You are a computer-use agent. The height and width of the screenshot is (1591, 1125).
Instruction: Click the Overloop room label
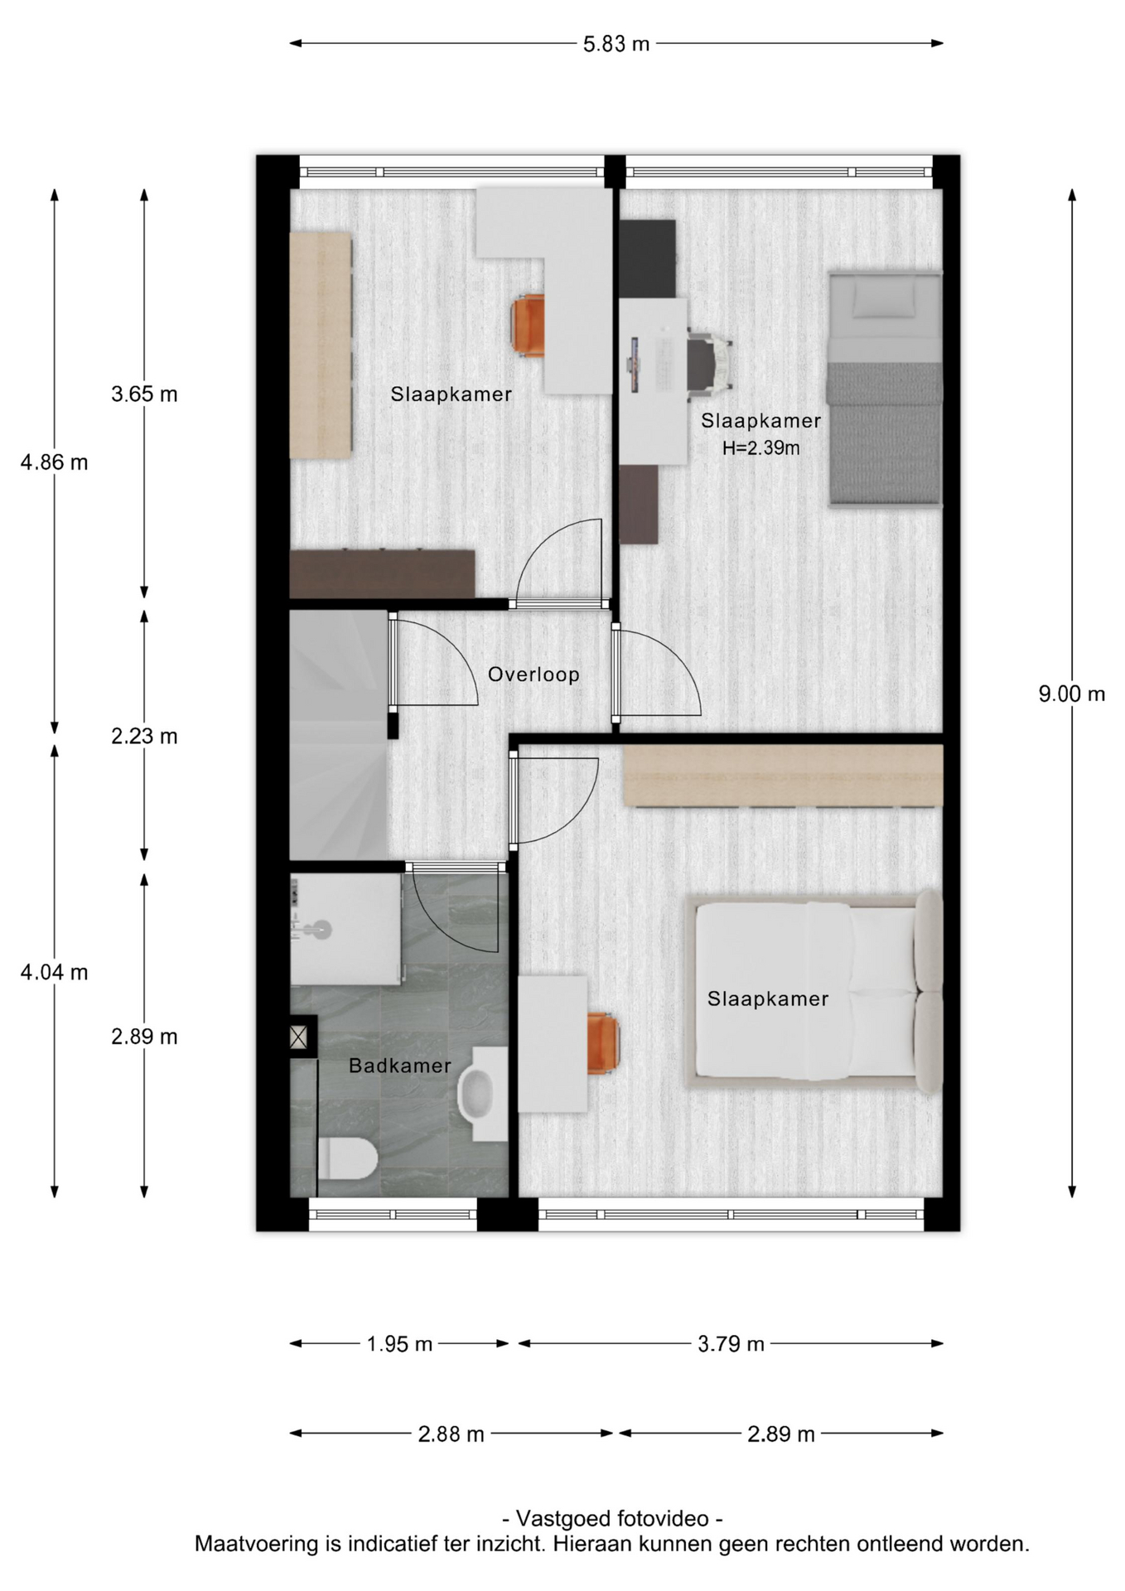coord(534,675)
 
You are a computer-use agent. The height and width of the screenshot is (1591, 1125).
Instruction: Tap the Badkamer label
coord(400,1066)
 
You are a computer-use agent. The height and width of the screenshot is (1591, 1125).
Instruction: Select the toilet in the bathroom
coord(348,1158)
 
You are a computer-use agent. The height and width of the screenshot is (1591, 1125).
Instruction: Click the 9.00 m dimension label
coord(1072,694)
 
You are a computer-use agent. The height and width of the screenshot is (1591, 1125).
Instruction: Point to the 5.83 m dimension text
coord(616,44)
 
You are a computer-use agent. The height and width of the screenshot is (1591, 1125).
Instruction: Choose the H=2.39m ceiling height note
coord(761,448)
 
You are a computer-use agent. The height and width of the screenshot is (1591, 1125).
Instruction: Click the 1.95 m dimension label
coord(399,1344)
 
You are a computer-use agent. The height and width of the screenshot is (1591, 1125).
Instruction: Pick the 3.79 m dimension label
coord(731,1344)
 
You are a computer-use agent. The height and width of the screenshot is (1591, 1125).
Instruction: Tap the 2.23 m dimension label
coord(144,736)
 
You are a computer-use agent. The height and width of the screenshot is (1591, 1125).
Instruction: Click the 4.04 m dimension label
coord(55,972)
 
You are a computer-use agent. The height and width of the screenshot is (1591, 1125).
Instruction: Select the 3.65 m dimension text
coord(144,394)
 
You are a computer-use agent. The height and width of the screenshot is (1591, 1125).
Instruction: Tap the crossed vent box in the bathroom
coord(298,1037)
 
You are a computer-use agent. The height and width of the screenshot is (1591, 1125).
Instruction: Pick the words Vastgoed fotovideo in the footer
coord(612,1519)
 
